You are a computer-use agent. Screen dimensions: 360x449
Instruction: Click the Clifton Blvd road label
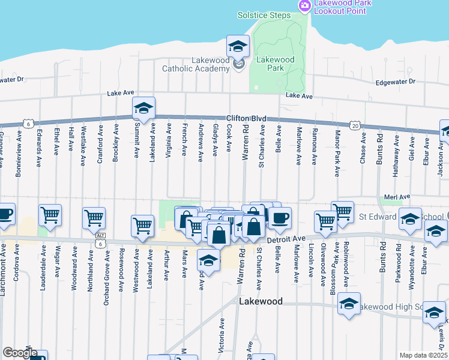[x=246, y=119]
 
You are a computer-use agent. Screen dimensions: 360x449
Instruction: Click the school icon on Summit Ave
[x=143, y=108]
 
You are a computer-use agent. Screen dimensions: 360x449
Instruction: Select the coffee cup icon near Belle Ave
[x=279, y=217]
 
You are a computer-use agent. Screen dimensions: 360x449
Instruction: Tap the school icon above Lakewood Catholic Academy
[x=238, y=46]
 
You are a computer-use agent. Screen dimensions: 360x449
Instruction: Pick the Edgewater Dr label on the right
[x=395, y=82]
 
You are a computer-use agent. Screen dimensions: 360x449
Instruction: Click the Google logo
[x=20, y=353]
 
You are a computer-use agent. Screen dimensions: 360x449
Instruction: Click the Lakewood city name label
[x=261, y=301]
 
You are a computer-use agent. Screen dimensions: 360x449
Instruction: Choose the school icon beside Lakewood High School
[x=348, y=304]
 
